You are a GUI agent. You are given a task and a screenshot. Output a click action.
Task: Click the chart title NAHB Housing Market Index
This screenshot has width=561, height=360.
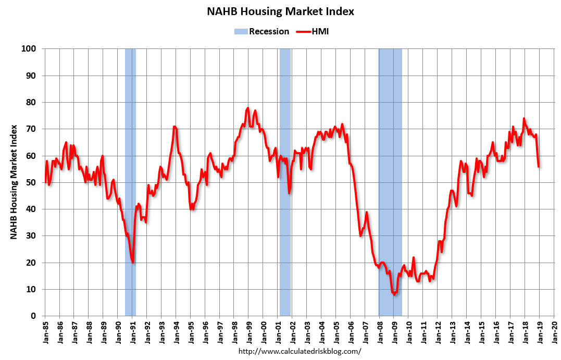tap(280, 11)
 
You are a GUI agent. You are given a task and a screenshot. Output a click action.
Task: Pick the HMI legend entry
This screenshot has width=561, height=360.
tap(313, 31)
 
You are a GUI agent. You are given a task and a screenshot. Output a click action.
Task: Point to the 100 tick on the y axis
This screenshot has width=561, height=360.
tap(30, 49)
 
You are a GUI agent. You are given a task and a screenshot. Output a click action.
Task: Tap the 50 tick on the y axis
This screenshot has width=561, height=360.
tap(32, 182)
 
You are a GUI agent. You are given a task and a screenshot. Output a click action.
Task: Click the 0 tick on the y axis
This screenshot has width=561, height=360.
tap(34, 316)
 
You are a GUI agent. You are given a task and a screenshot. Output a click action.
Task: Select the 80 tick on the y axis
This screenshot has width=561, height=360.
tap(32, 102)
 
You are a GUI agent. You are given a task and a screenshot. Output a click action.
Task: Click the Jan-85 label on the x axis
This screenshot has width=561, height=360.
tap(45, 331)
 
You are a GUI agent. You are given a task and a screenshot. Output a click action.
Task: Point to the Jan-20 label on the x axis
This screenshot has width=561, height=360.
tap(554, 331)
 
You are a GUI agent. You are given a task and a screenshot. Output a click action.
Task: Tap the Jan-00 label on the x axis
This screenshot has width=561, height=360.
tap(264, 331)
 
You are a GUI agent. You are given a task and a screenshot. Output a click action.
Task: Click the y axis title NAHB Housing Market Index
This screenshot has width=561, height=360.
tap(14, 182)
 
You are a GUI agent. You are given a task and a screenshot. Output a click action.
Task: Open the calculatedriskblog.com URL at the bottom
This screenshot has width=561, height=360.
tap(300, 351)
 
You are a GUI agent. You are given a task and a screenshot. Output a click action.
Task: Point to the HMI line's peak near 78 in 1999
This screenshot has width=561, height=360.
tap(247, 108)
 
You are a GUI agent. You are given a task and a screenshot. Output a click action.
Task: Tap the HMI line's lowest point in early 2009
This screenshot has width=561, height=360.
tap(394, 294)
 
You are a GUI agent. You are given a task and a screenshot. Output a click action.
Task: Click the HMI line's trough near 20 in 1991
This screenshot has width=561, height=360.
tap(133, 262)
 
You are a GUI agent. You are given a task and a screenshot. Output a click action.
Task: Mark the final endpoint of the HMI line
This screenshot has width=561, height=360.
tap(538, 167)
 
